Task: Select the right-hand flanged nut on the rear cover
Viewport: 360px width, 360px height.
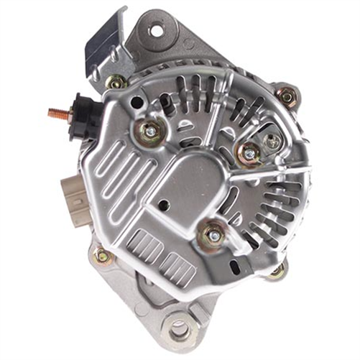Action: pos(249,152)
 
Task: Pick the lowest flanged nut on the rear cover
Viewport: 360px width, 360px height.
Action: pos(213,234)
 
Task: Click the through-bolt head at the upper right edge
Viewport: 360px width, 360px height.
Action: pos(287,96)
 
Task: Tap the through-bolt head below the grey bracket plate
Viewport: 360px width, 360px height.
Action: pos(116,82)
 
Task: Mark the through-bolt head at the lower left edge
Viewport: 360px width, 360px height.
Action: pos(103,256)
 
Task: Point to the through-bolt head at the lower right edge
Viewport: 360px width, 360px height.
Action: pos(277,270)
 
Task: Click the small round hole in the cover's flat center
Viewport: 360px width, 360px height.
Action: pos(164,204)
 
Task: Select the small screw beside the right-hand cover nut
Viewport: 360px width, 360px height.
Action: pos(273,142)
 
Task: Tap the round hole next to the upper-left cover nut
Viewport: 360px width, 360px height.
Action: pos(136,103)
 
